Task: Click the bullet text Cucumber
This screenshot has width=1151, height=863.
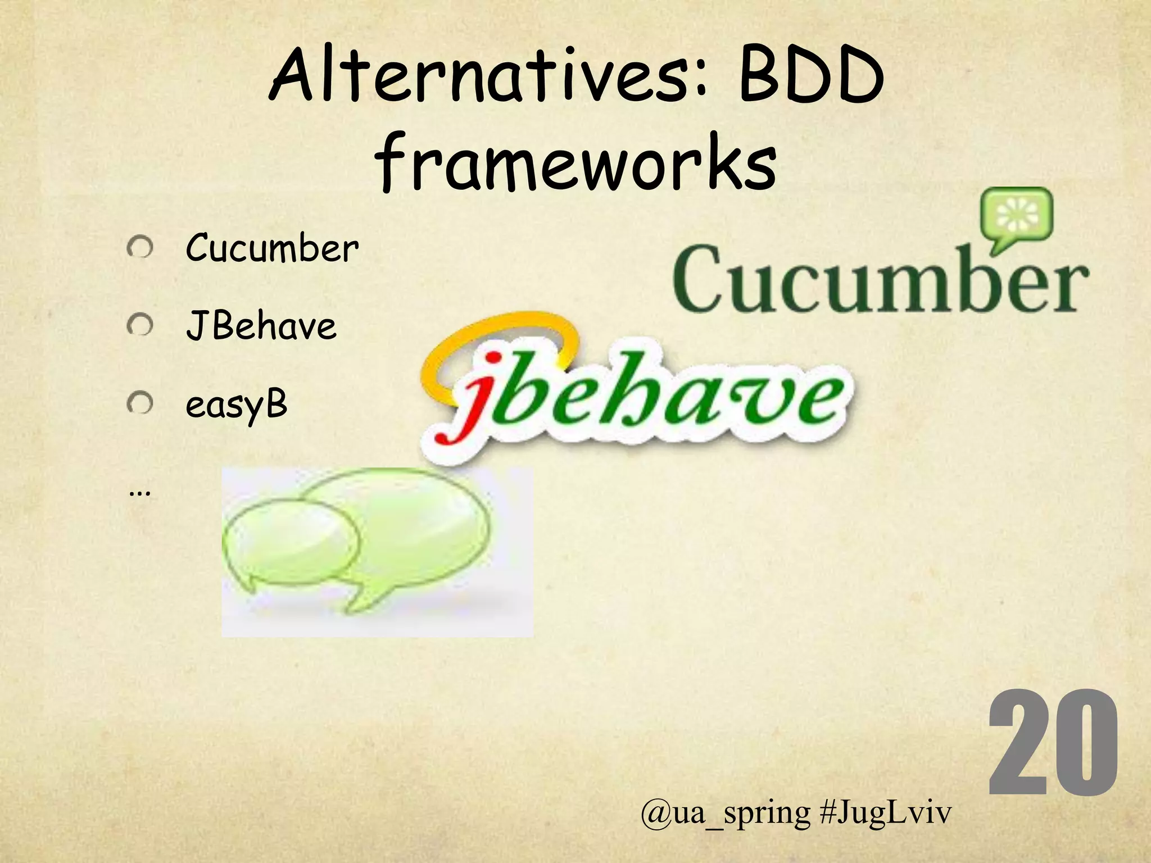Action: [x=272, y=249]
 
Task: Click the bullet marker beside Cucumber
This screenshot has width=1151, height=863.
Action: [x=140, y=248]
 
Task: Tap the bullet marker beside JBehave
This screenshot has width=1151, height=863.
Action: [x=140, y=325]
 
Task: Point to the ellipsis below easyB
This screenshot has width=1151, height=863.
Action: [x=139, y=493]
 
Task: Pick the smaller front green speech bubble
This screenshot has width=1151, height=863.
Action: [x=289, y=542]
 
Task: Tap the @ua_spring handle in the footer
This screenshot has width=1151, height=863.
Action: [x=725, y=812]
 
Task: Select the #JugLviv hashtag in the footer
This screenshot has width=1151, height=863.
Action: [x=885, y=812]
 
